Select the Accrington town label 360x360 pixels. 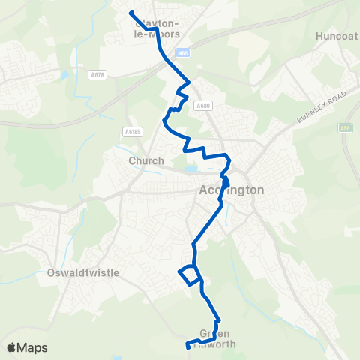point(232,190)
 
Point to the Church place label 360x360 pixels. point(141,160)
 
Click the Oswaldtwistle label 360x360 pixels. point(82,273)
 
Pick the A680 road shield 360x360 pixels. point(202,106)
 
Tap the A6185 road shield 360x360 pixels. point(131,131)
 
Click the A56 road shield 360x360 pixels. point(345,128)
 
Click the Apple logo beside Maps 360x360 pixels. point(11,348)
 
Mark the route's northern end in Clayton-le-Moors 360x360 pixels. point(130,12)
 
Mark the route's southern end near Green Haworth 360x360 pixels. point(187,346)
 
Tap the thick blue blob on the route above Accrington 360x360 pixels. point(226,181)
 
